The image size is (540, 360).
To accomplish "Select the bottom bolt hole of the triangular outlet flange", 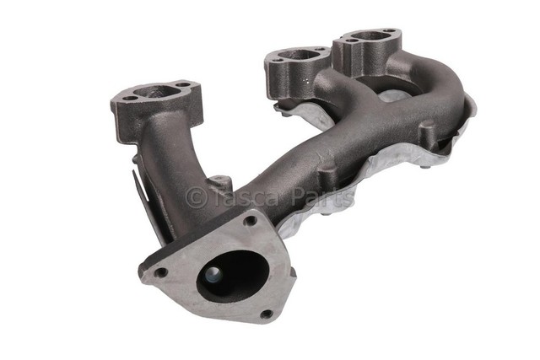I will click(267, 314).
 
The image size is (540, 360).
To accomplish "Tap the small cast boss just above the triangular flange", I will click(220, 183).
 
